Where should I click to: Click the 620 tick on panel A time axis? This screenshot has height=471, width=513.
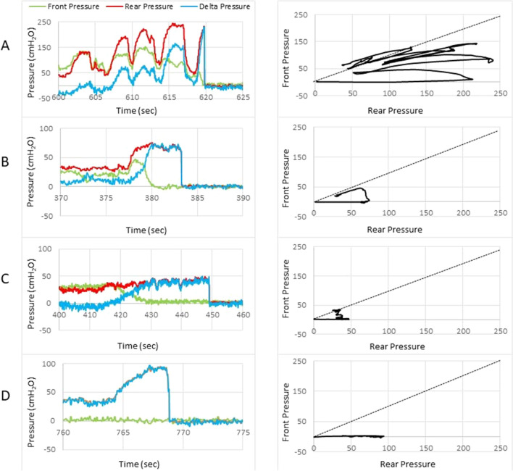[205, 96]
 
